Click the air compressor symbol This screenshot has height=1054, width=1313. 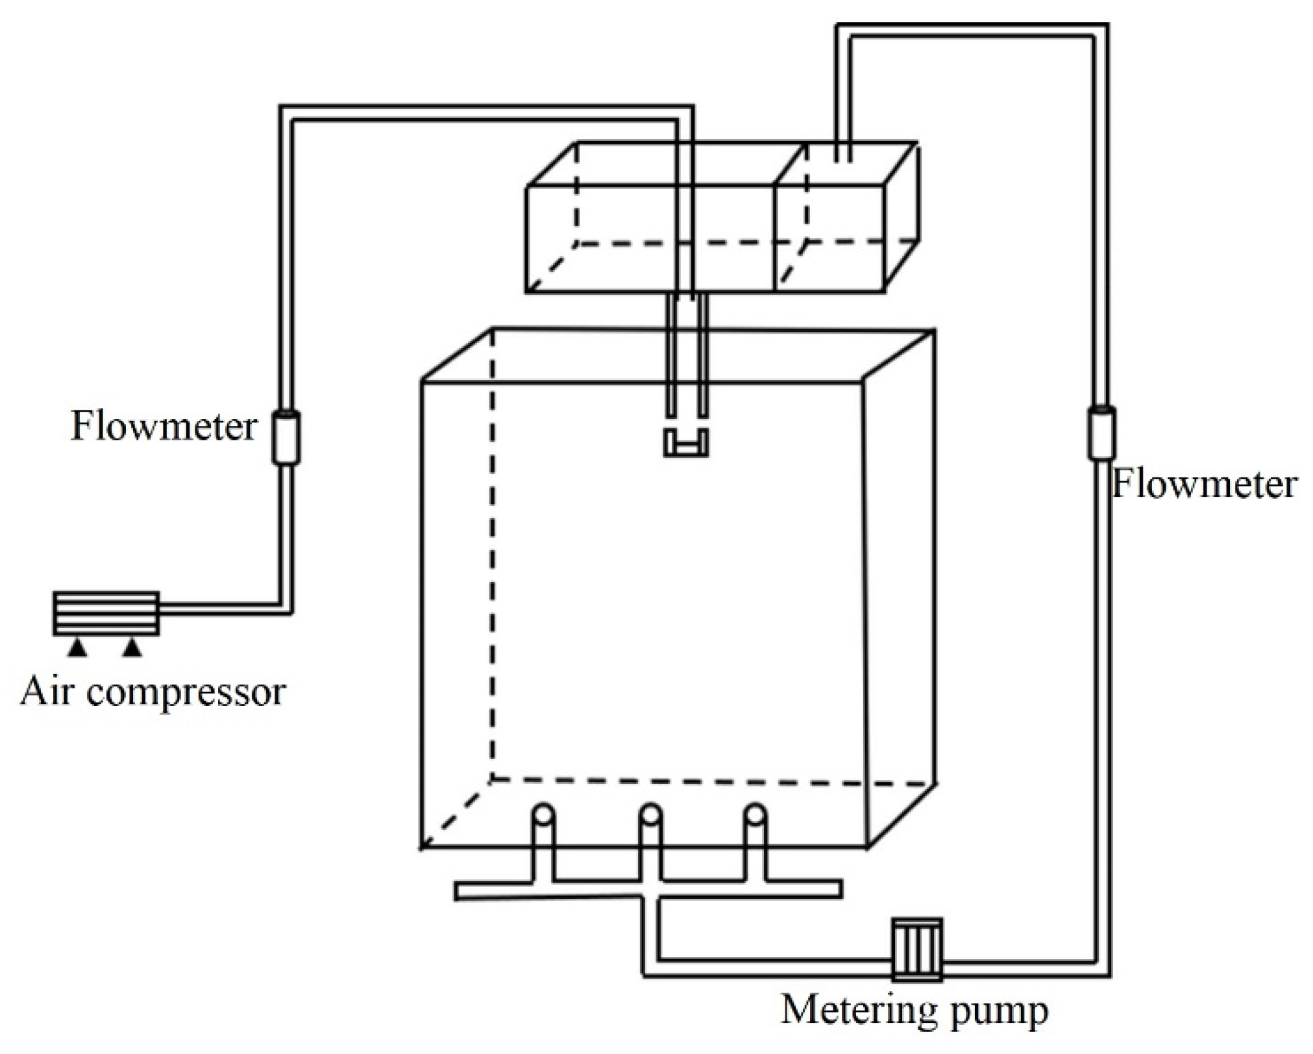[x=106, y=612]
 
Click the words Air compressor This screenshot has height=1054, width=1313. [x=153, y=692]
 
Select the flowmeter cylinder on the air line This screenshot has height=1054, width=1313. [x=286, y=437]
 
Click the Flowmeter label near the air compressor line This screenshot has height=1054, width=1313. [x=164, y=427]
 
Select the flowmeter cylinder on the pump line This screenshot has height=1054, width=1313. [x=1101, y=433]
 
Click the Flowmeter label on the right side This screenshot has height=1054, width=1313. [x=1204, y=484]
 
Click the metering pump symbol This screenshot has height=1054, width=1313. [x=916, y=949]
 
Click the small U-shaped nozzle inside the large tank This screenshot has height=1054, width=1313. [x=685, y=444]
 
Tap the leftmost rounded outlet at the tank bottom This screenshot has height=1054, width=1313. [x=543, y=816]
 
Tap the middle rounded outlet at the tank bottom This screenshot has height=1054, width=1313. [x=650, y=816]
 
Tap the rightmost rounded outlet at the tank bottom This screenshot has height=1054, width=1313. [x=755, y=816]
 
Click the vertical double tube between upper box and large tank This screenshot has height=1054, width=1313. [x=685, y=354]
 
